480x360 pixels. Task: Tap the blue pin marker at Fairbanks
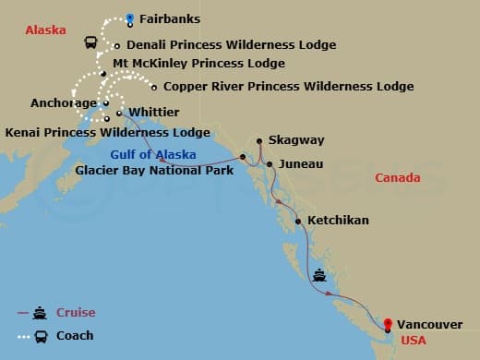130,18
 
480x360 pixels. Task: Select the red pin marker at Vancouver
388,324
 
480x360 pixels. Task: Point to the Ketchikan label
338,221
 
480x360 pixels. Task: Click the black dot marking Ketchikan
298,222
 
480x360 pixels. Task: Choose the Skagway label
297,139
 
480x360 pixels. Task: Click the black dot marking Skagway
260,140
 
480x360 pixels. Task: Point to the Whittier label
153,112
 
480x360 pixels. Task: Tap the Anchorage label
63,103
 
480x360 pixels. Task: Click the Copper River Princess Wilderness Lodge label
288,87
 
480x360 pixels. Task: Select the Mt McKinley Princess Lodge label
198,64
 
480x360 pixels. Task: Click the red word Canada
398,177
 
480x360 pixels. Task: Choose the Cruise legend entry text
76,313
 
